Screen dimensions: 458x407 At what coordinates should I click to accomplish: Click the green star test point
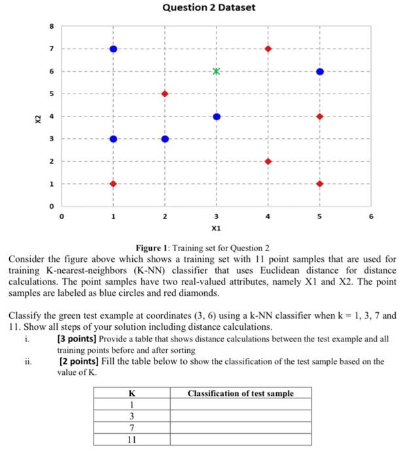(x=217, y=71)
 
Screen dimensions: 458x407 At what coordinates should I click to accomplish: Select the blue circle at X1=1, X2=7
(x=113, y=49)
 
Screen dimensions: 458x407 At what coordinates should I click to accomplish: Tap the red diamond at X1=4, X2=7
(x=268, y=49)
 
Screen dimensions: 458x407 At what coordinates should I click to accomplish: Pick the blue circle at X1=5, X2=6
(x=319, y=71)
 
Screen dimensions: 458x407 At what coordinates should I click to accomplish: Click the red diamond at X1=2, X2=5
(x=165, y=94)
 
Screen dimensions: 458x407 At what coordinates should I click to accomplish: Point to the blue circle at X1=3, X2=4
(x=217, y=116)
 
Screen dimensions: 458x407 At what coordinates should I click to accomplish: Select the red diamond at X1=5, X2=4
(x=319, y=116)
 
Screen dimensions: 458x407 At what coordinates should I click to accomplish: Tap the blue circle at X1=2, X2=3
(x=165, y=139)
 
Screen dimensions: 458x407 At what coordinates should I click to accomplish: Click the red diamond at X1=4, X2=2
(x=268, y=161)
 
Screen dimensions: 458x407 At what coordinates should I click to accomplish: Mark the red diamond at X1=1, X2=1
(x=113, y=184)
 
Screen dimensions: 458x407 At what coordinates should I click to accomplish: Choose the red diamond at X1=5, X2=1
(x=319, y=184)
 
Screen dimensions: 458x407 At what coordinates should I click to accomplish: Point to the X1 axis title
(x=217, y=230)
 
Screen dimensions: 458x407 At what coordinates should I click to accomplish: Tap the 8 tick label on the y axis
(x=48, y=27)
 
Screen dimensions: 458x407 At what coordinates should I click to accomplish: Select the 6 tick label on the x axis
(x=371, y=216)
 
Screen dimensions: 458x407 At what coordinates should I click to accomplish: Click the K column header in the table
(x=132, y=393)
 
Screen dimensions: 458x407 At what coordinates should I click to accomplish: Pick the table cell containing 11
(x=132, y=439)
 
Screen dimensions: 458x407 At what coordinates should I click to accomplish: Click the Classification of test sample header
(x=240, y=393)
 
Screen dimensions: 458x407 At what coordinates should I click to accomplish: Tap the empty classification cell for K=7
(x=240, y=427)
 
